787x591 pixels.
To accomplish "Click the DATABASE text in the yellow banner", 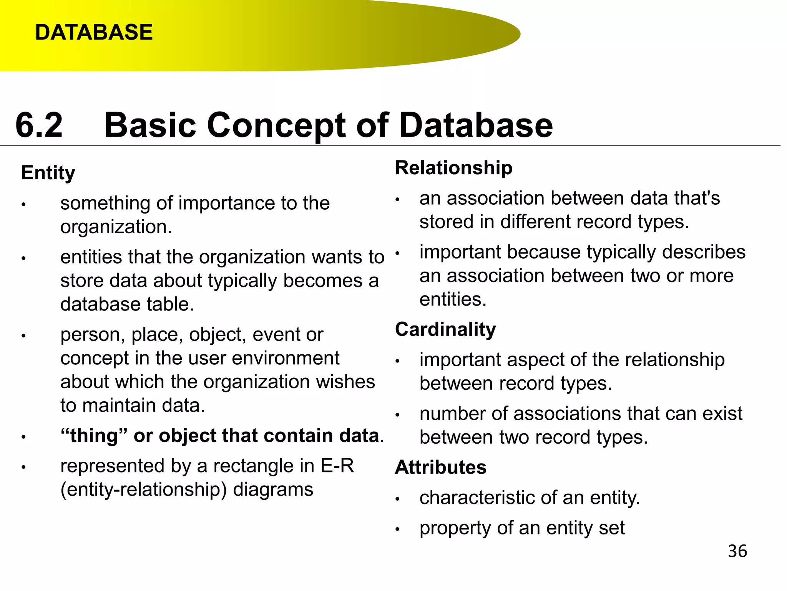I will (94, 32).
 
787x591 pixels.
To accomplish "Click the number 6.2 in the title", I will (39, 125).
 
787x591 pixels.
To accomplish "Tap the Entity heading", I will (48, 173).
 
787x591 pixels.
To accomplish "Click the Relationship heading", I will (453, 168).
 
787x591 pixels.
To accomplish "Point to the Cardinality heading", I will (445, 329).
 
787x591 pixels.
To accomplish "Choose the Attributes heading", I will (441, 467).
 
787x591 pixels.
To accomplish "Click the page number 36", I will (737, 551).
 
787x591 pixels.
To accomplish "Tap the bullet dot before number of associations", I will (398, 415).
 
